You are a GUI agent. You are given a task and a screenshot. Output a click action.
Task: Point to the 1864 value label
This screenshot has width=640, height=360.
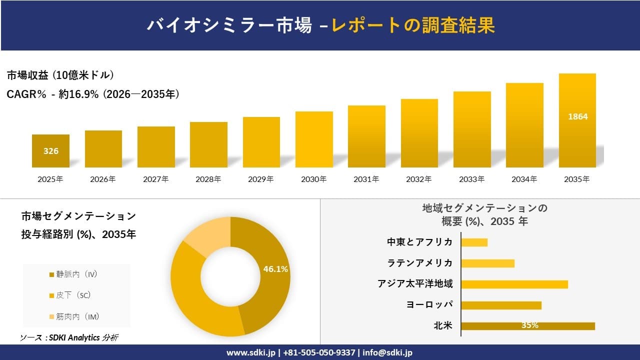click(577, 116)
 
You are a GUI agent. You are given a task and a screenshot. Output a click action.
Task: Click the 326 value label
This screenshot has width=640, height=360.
click(51, 151)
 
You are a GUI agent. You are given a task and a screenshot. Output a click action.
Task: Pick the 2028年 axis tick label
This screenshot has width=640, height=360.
click(208, 179)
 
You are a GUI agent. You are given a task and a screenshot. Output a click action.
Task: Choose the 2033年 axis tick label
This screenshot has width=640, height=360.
click(472, 179)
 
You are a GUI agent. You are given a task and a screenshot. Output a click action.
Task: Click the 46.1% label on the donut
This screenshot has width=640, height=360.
click(275, 269)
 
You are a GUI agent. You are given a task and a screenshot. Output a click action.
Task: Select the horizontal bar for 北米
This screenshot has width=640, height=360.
click(527, 326)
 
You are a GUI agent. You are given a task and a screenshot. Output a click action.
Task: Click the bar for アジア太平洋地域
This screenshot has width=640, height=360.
click(514, 284)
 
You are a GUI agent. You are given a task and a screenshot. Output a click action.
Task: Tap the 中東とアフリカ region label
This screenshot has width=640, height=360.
click(419, 242)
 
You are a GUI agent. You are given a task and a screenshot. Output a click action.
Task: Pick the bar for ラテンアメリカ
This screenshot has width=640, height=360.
click(487, 263)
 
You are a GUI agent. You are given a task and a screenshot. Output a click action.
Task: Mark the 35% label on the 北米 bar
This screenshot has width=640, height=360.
click(529, 325)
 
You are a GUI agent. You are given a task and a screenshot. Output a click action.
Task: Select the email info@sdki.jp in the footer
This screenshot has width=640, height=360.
click(387, 352)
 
